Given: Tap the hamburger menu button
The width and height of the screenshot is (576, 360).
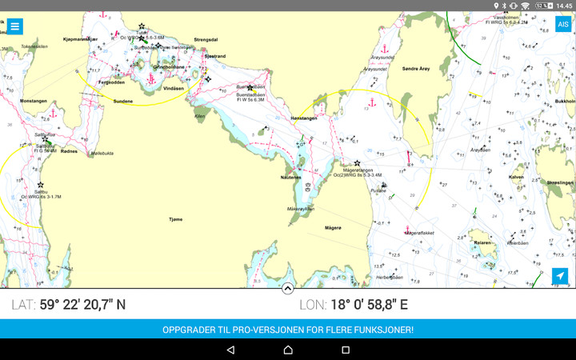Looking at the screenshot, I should pyautogui.click(x=14, y=26).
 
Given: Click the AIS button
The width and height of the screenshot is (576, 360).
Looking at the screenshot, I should pyautogui.click(x=562, y=24).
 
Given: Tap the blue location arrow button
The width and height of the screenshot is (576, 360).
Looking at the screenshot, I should pyautogui.click(x=560, y=276).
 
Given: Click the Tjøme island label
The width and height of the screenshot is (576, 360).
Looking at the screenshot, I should pyautogui.click(x=177, y=218).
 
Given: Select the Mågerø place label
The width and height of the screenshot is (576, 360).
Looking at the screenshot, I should pyautogui.click(x=333, y=228).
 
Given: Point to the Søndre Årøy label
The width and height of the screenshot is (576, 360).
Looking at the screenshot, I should pyautogui.click(x=416, y=69).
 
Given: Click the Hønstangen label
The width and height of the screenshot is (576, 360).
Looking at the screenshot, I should pyautogui.click(x=303, y=118).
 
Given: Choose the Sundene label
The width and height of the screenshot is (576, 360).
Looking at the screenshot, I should pyautogui.click(x=122, y=101).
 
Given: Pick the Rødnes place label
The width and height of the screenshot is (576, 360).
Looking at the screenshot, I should pyautogui.click(x=70, y=150).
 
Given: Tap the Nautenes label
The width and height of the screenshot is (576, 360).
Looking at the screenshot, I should pyautogui.click(x=290, y=177).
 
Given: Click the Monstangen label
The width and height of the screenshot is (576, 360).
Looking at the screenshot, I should pyautogui.click(x=34, y=101).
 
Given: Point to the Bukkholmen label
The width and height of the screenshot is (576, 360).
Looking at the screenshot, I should pyautogui.click(x=565, y=102).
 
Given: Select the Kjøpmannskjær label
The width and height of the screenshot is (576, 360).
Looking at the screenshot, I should pyautogui.click(x=79, y=38).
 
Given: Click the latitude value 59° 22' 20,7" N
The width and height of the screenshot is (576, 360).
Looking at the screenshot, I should pyautogui.click(x=82, y=305).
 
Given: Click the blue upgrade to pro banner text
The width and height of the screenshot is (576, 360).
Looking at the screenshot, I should pyautogui.click(x=288, y=329).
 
